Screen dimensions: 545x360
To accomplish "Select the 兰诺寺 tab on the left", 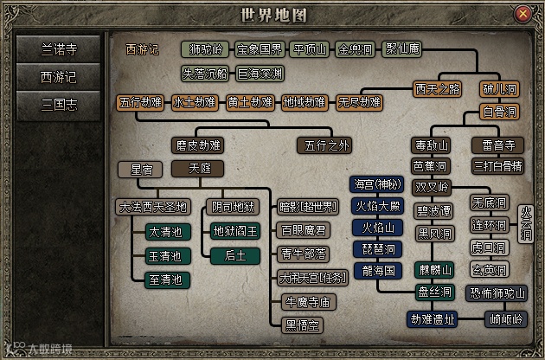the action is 59,49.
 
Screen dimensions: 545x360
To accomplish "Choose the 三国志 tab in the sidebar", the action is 59,105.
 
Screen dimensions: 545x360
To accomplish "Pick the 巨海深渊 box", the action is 260,74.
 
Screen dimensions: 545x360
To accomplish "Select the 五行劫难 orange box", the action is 140,102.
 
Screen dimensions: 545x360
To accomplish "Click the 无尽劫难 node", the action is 359,102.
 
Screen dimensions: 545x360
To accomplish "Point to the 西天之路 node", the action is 437,88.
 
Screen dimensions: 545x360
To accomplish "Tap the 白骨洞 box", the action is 499,112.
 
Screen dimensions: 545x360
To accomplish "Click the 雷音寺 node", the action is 497,145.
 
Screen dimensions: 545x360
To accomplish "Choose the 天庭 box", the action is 197,168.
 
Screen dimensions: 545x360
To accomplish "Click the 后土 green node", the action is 235,254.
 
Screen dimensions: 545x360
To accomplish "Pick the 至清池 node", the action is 164,279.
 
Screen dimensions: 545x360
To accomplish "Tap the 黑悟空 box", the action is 304,325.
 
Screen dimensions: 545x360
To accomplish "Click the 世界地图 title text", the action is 272,15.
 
